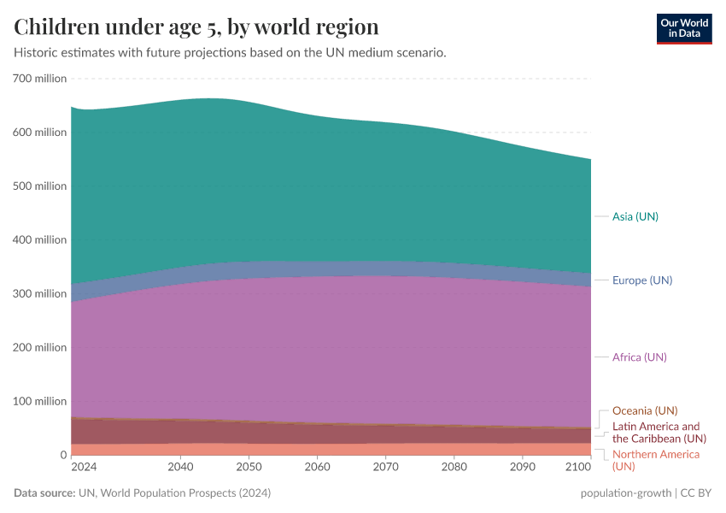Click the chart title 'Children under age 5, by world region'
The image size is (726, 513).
(x=196, y=26)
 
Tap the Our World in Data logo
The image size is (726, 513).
(x=683, y=28)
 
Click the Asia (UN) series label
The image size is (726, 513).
(x=635, y=216)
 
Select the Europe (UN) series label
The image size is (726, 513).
(x=641, y=280)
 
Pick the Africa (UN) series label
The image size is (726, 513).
(x=639, y=357)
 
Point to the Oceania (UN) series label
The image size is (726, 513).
(x=645, y=410)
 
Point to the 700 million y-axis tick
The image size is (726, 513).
(x=40, y=79)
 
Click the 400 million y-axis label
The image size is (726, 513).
(x=40, y=239)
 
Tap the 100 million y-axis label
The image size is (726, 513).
(x=40, y=401)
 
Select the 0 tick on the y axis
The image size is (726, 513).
(x=62, y=455)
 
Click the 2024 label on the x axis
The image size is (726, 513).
(x=84, y=468)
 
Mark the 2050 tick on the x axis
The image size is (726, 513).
(x=249, y=468)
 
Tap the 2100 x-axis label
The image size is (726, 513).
(x=578, y=468)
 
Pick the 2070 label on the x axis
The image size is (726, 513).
(x=385, y=468)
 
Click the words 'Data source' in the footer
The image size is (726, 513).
(x=44, y=493)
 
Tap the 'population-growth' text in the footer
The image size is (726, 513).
(x=624, y=493)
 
